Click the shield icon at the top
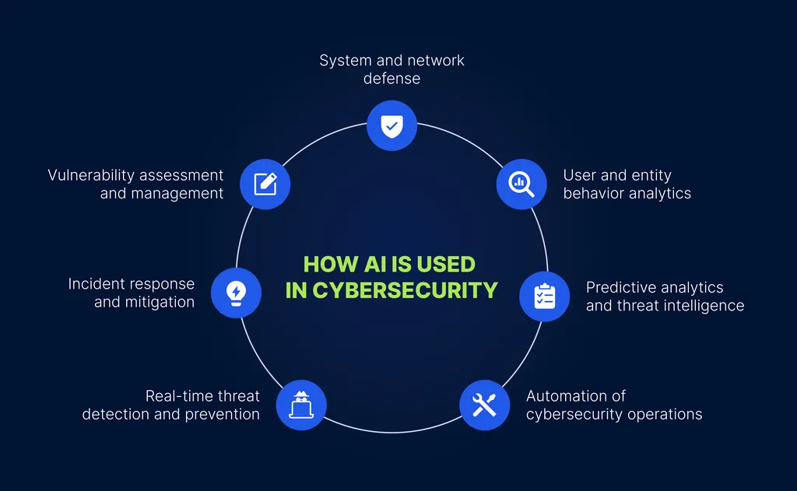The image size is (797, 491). (391, 125)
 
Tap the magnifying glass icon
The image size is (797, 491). (521, 184)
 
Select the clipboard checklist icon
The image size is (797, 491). (544, 296)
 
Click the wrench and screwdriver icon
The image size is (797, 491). (484, 405)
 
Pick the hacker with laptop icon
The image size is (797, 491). (301, 405)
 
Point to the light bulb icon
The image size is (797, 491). (235, 293)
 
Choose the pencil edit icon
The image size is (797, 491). (265, 184)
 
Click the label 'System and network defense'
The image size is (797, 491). (391, 69)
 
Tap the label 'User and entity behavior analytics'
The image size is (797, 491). (627, 184)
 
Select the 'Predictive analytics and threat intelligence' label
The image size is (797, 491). (665, 296)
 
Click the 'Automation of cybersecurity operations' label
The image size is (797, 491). (614, 405)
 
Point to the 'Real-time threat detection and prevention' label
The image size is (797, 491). (171, 405)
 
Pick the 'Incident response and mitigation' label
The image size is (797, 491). (132, 293)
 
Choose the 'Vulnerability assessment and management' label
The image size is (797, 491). (135, 184)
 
